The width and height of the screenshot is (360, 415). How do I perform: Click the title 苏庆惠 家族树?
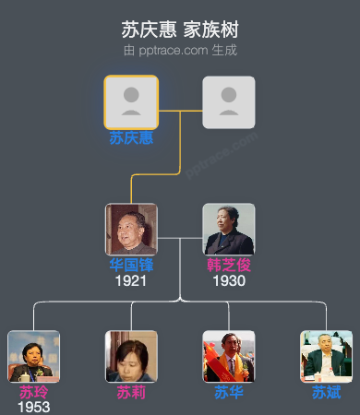click(x=180, y=29)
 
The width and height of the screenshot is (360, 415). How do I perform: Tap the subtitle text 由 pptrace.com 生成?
click(x=180, y=49)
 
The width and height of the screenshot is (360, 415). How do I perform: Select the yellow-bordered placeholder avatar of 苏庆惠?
click(x=131, y=101)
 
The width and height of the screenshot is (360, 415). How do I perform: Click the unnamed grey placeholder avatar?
click(x=228, y=101)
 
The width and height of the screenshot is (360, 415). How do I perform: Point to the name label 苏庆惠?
click(x=131, y=138)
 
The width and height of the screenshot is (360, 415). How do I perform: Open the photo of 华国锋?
click(x=131, y=229)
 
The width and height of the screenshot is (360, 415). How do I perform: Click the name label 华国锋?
click(x=131, y=265)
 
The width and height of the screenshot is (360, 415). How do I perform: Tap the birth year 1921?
click(x=131, y=280)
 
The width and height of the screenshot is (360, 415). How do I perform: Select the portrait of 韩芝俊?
click(x=228, y=229)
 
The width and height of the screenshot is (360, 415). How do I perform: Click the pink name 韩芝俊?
click(x=228, y=265)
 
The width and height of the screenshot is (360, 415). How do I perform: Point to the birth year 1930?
click(x=228, y=280)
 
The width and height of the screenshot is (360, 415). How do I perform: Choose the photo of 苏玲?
click(x=33, y=356)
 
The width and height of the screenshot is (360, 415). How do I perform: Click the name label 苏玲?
click(x=33, y=392)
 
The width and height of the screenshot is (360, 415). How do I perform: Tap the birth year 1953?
click(x=33, y=407)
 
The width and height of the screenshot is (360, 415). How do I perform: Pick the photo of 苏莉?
click(x=131, y=356)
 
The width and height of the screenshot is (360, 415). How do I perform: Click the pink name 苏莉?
click(x=131, y=392)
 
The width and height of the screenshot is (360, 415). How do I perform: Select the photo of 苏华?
click(x=228, y=356)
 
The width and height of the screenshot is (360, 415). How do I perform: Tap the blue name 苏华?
click(x=228, y=392)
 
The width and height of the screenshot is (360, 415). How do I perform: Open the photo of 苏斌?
click(x=326, y=356)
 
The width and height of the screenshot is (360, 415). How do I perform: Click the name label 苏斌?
click(x=326, y=392)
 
